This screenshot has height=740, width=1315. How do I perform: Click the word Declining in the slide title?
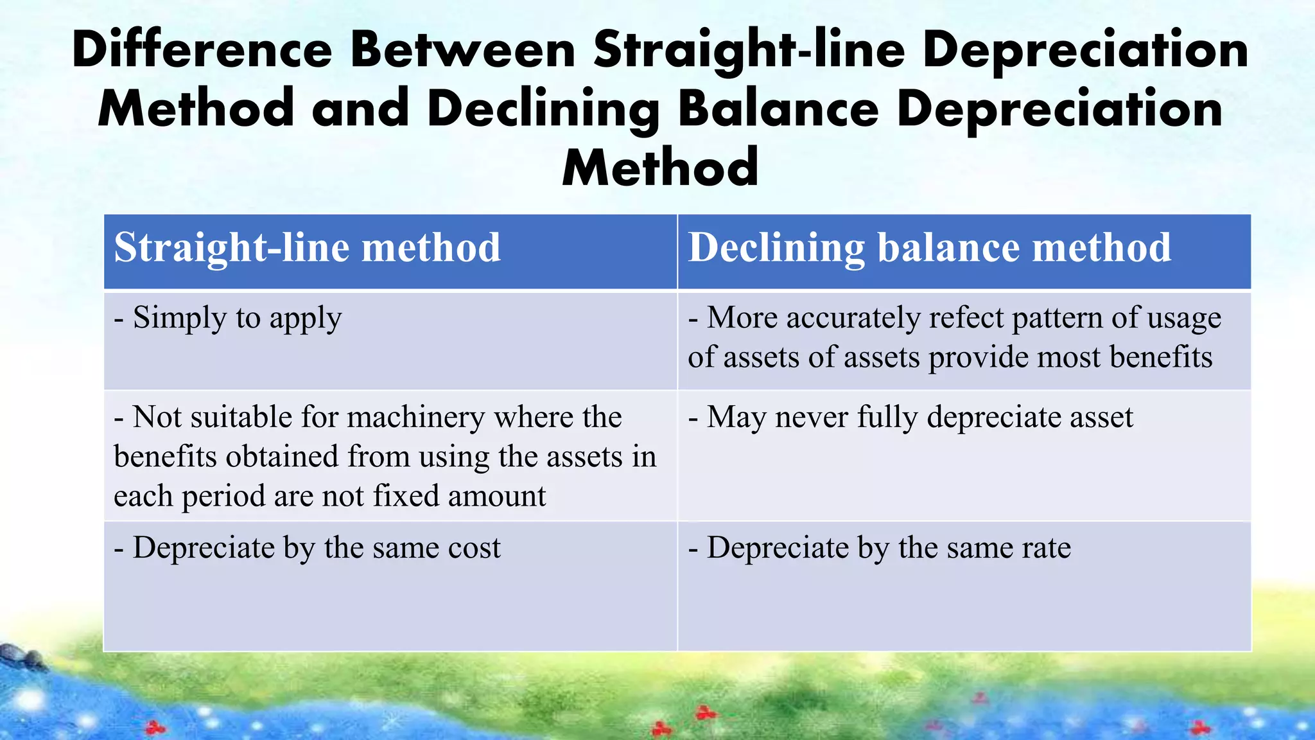click(543, 109)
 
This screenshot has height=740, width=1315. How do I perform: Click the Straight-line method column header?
click(307, 248)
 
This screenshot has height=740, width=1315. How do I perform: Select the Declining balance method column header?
click(929, 248)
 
